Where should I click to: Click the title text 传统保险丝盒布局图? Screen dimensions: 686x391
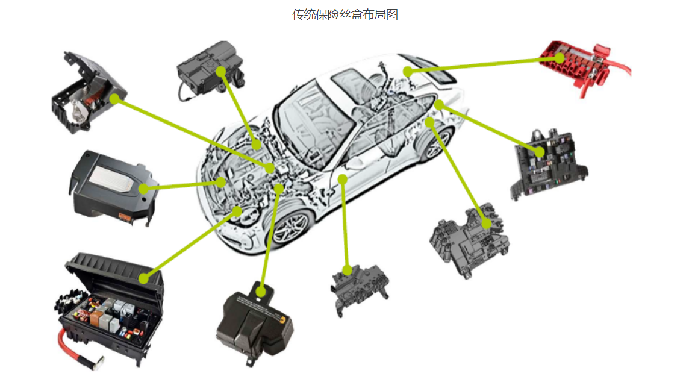(345, 14)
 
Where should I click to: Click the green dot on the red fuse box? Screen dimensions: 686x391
(560, 58)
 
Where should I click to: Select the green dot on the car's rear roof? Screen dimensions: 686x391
(408, 71)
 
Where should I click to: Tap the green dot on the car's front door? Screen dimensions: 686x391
(343, 179)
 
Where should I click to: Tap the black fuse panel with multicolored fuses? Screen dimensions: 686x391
(549, 164)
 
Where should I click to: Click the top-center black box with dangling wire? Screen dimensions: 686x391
(210, 69)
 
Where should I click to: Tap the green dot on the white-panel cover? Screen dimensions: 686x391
(143, 189)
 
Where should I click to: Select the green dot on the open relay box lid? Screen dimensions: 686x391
(143, 278)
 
